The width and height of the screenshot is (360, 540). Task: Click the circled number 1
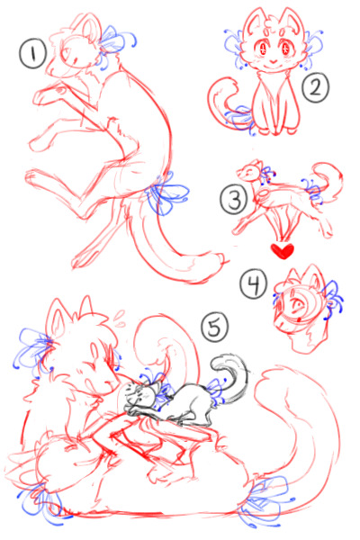pos(32,56)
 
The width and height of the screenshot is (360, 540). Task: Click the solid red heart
pos(284,247)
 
